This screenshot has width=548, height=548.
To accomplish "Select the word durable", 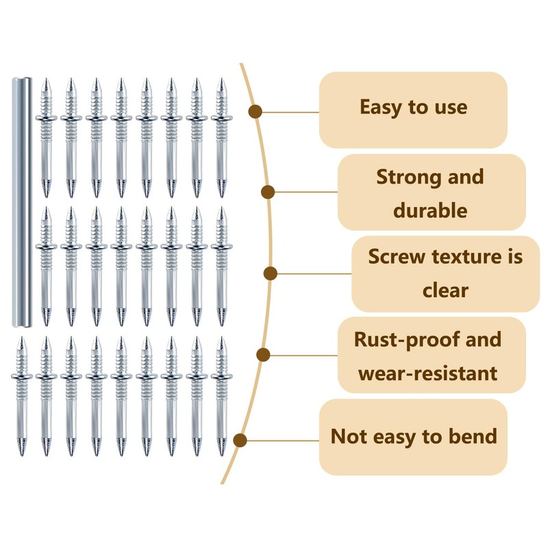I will pyautogui.click(x=430, y=210).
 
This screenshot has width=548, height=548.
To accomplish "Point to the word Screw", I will pyautogui.click(x=396, y=257).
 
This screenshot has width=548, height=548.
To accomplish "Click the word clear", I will pyautogui.click(x=445, y=290).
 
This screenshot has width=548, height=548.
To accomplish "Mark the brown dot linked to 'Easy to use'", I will pyautogui.click(x=256, y=112).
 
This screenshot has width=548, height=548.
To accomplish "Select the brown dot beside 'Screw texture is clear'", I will pyautogui.click(x=271, y=273).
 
